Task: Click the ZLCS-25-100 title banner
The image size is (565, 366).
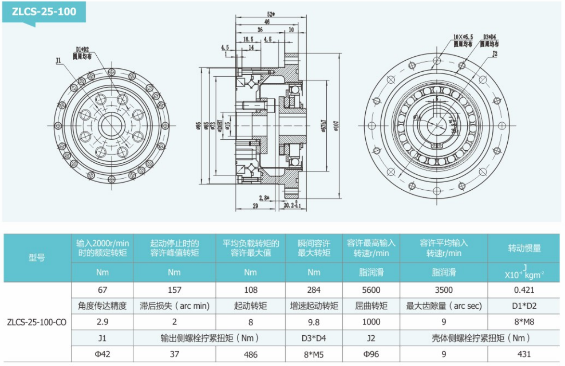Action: (44, 12)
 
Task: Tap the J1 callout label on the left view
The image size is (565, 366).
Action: (58, 61)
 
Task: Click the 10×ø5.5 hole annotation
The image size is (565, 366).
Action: (463, 37)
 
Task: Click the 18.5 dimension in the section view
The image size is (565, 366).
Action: (248, 39)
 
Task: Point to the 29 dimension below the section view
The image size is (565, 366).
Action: (256, 206)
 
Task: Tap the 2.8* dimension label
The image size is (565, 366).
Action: (263, 198)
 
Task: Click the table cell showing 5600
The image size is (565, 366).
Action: (371, 290)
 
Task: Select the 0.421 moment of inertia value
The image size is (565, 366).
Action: (524, 290)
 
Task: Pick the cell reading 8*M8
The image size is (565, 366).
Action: (524, 322)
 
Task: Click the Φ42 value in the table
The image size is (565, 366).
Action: (103, 354)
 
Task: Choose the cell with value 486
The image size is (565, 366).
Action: (250, 354)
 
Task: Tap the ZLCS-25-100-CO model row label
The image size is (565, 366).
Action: (37, 322)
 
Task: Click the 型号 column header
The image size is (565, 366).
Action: (37, 258)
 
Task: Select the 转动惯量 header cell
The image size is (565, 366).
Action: (524, 248)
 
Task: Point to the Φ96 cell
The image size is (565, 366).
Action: (371, 354)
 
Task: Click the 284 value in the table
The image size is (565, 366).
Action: (313, 290)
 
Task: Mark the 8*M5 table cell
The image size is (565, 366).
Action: (313, 354)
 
